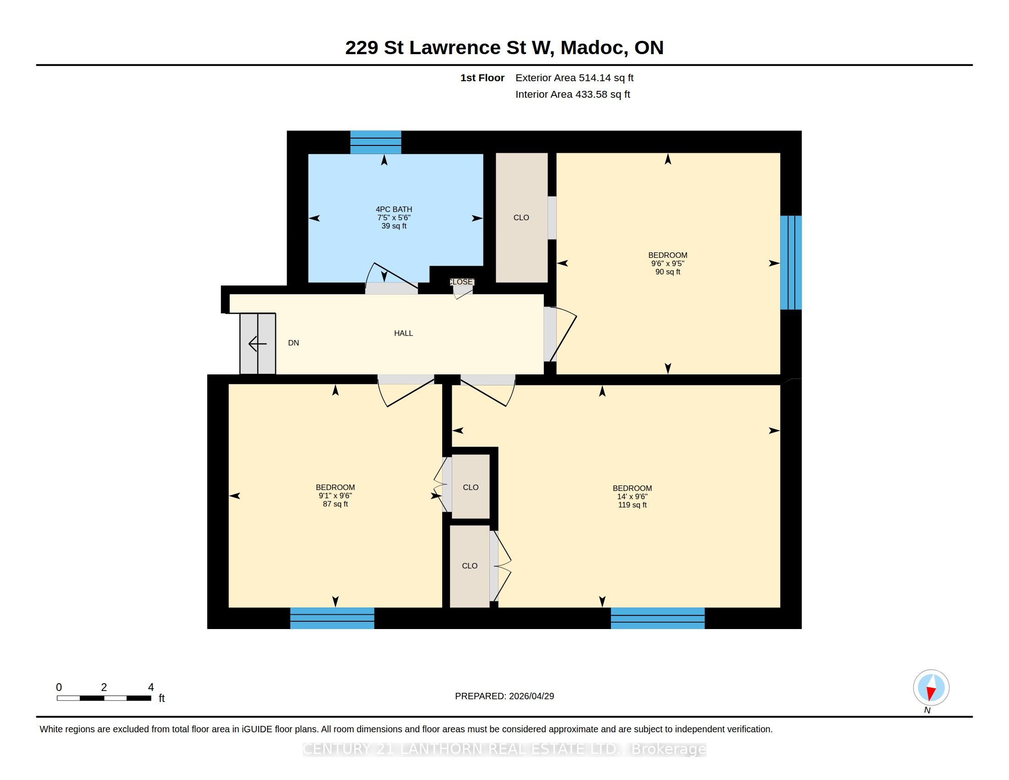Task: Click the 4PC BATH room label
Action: [x=394, y=209]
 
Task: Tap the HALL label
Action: [x=403, y=333]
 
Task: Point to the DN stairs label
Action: [x=294, y=343]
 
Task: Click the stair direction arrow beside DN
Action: [x=257, y=344]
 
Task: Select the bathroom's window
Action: [x=376, y=142]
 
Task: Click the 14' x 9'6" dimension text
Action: [x=632, y=497]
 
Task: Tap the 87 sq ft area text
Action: [x=335, y=504]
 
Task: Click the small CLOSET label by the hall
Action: [x=461, y=282]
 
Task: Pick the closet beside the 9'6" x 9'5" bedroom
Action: [x=521, y=217]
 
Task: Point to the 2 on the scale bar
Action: [x=104, y=688]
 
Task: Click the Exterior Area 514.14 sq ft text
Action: [x=574, y=78]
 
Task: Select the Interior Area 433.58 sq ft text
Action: [x=572, y=95]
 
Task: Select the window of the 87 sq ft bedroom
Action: [x=332, y=618]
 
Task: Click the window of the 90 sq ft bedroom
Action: [x=791, y=262]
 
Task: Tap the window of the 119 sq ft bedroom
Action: [x=658, y=618]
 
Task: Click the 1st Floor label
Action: [x=482, y=78]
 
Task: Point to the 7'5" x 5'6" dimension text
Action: [x=394, y=217]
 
